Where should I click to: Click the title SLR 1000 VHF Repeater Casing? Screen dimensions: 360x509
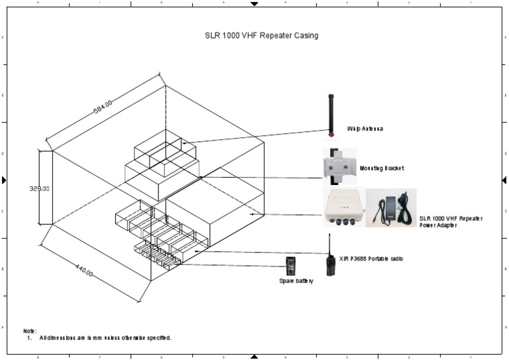[x=261, y=35]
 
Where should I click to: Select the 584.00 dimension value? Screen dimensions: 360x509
[x=103, y=106]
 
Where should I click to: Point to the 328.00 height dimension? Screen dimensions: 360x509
[x=39, y=188]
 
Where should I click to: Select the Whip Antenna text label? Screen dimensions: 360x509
[x=365, y=129]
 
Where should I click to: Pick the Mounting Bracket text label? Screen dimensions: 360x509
[x=381, y=168]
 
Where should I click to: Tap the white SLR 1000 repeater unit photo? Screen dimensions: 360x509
[x=342, y=208]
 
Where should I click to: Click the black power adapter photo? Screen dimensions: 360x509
[x=391, y=208]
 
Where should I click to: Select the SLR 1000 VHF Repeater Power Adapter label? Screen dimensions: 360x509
[x=451, y=221]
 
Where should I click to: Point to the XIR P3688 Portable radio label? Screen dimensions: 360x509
[x=370, y=258]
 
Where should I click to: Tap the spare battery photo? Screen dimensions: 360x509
[x=290, y=266]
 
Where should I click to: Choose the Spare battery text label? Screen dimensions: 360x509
[x=296, y=281]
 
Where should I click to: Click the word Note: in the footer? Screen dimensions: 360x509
[x=30, y=330]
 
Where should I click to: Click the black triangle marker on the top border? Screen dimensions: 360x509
[x=254, y=4]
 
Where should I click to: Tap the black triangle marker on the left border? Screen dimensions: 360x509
[x=4, y=180]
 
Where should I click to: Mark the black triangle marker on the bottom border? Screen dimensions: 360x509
[x=254, y=356]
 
